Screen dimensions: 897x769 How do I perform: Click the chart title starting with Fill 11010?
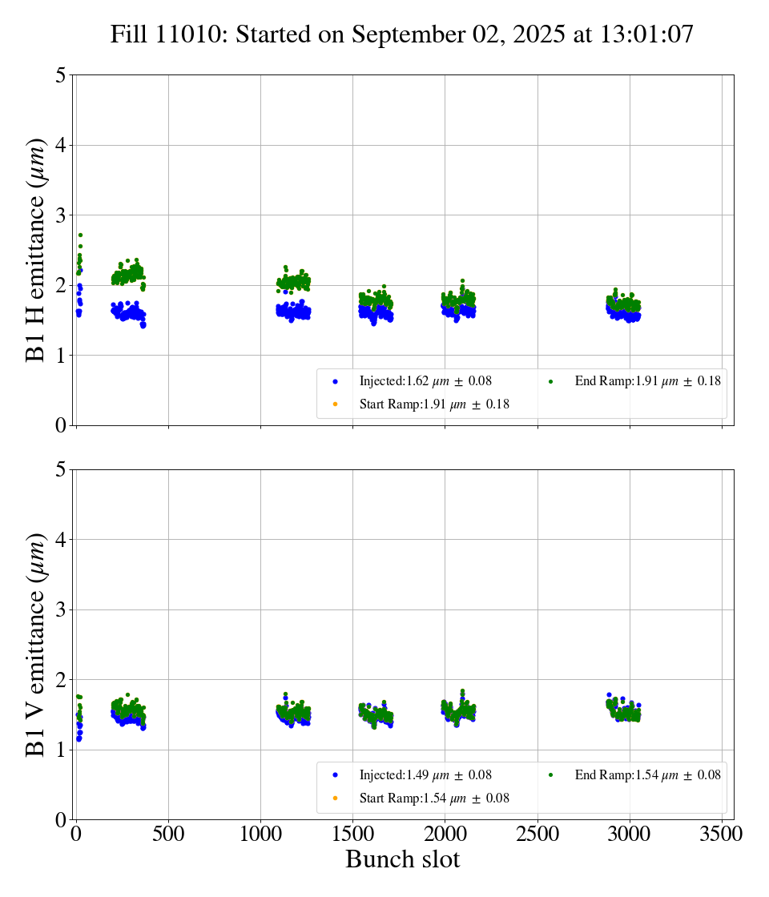402,34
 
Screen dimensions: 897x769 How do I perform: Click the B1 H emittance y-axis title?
36,250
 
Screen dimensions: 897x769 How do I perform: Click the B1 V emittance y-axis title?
36,644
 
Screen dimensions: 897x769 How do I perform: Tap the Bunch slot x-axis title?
402,859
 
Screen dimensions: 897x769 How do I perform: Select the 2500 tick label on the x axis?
537,834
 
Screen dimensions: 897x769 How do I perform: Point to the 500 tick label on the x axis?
168,834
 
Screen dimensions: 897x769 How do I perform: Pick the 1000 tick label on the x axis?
260,834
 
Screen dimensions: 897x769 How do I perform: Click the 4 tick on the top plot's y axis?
60,146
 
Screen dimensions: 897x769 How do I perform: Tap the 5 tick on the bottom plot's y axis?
60,470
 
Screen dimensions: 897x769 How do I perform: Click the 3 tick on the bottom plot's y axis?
60,610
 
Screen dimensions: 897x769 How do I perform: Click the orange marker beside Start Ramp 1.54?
335,798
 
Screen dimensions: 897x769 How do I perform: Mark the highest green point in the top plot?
80,235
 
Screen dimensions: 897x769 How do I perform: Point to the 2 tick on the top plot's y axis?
60,286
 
